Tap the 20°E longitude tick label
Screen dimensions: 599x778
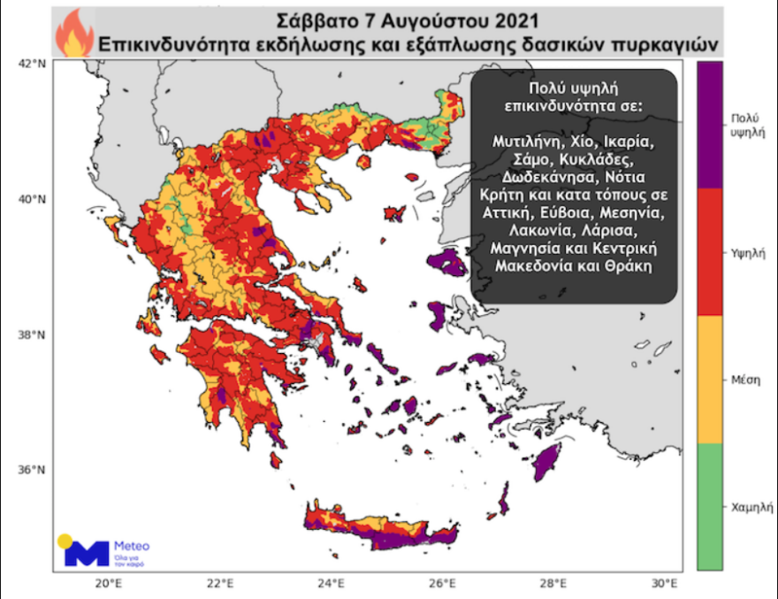(108, 583)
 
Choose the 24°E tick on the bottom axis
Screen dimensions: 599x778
(331, 583)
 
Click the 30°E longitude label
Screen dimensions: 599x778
(663, 583)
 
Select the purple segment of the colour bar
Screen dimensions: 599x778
(709, 124)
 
